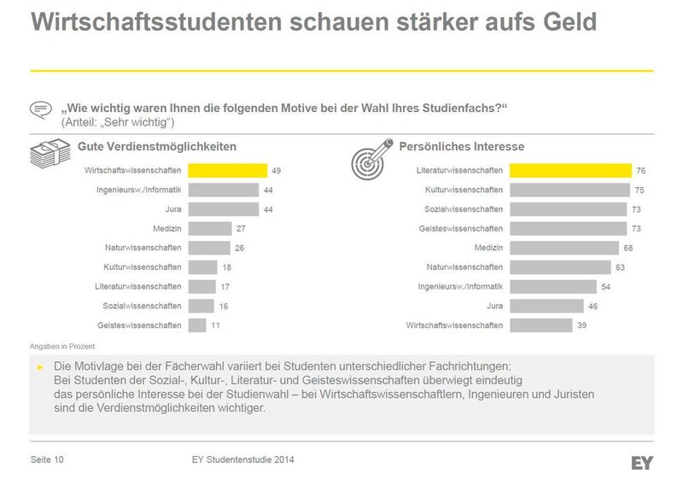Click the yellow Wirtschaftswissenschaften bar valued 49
pyautogui.click(x=227, y=171)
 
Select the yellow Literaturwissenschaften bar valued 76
pyautogui.click(x=570, y=171)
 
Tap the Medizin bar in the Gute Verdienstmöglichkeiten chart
pyautogui.click(x=210, y=229)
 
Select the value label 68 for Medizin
pyautogui.click(x=629, y=249)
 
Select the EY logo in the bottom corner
pyautogui.click(x=642, y=462)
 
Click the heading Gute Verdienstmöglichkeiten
pyautogui.click(x=157, y=147)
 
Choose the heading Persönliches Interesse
pyautogui.click(x=462, y=147)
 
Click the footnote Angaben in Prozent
pyautogui.click(x=62, y=346)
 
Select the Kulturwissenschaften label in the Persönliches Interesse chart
pyautogui.click(x=464, y=190)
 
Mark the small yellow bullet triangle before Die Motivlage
pyautogui.click(x=40, y=366)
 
